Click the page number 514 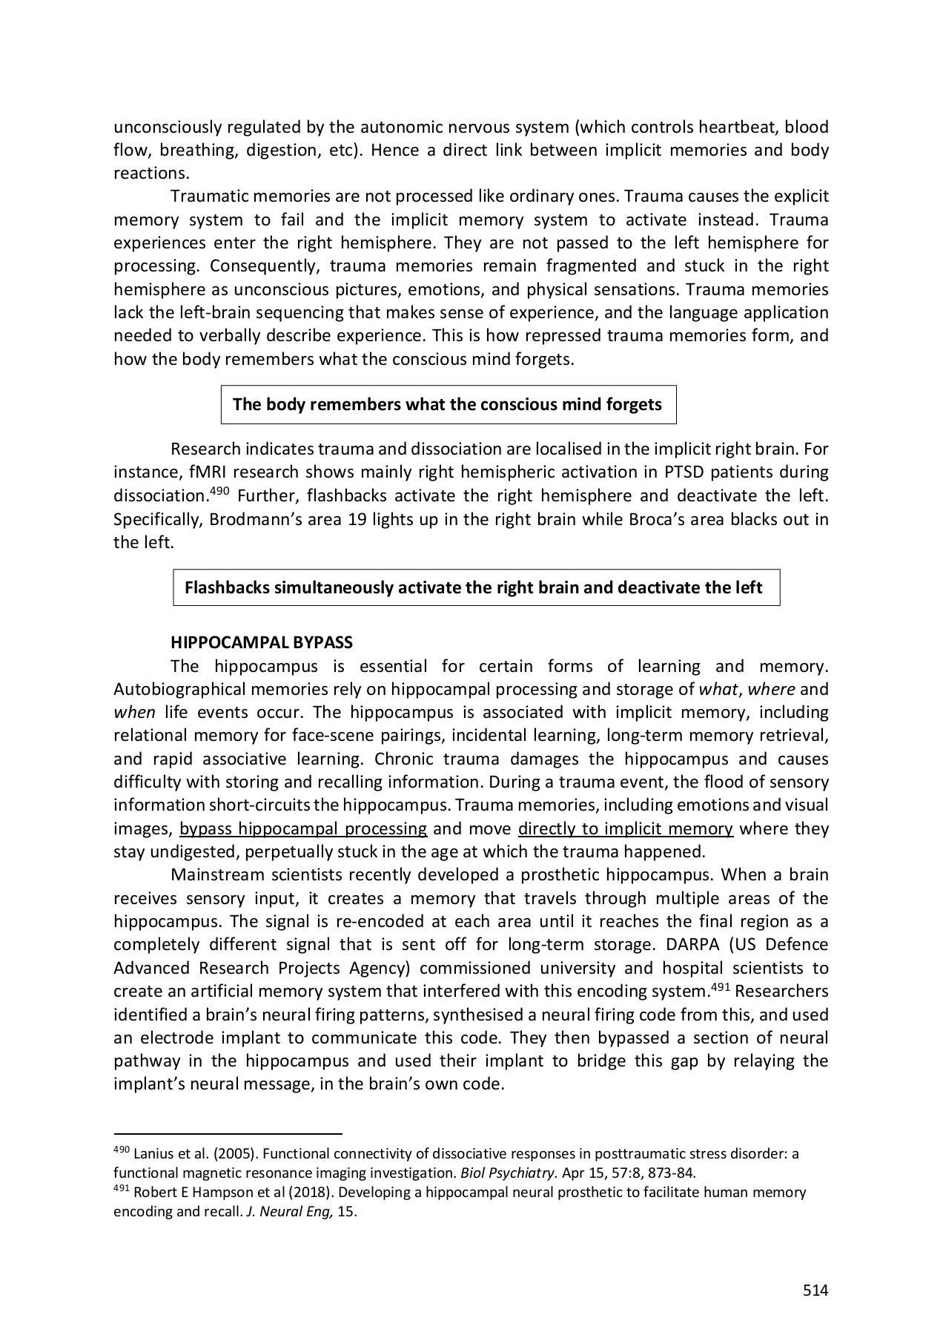click(815, 1290)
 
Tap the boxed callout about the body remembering click(448, 405)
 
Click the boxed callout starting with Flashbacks click(476, 588)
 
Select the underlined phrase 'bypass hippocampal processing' click(303, 828)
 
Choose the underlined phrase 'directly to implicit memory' click(626, 828)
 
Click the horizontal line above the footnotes click(228, 1134)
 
